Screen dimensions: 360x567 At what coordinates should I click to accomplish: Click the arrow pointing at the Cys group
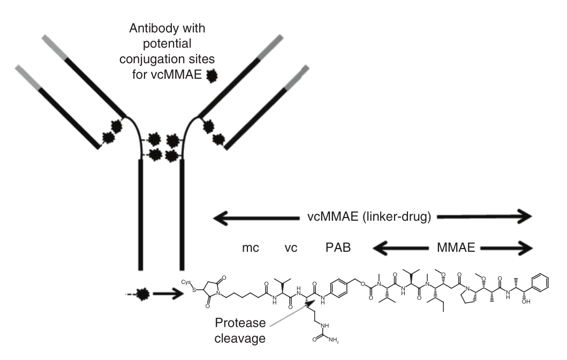point(165,294)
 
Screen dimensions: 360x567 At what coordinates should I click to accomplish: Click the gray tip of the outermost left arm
point(26,74)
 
